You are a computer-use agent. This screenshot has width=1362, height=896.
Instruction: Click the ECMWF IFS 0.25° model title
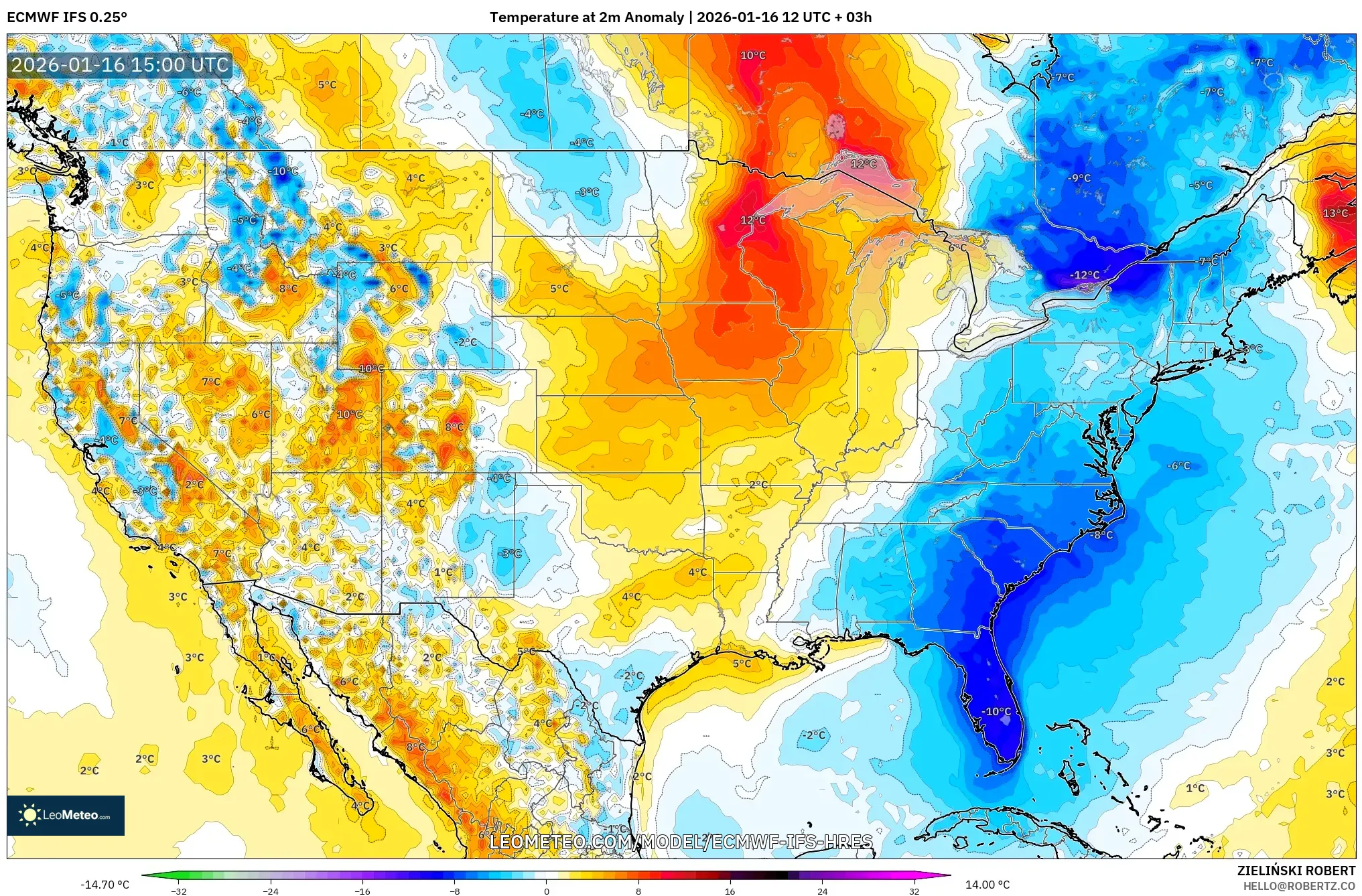click(67, 17)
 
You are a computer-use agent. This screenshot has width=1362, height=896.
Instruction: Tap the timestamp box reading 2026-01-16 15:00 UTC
click(120, 65)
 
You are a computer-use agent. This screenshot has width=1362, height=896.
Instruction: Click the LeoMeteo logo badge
click(66, 815)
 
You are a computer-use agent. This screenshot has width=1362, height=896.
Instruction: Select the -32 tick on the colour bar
click(179, 891)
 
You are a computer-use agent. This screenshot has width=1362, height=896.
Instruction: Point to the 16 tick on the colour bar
click(730, 891)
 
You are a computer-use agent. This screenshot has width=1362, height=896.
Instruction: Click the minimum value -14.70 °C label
click(105, 885)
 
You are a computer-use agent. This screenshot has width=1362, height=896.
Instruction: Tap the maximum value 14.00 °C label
click(987, 885)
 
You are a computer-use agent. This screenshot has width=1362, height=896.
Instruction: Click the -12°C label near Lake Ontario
click(1084, 275)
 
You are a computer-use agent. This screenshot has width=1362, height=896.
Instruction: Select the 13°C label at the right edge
click(1335, 214)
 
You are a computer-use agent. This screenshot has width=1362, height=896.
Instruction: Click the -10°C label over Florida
click(996, 711)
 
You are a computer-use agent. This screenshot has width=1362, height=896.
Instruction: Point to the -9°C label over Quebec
click(1079, 178)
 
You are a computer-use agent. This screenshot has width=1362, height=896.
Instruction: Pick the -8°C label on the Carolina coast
click(1100, 534)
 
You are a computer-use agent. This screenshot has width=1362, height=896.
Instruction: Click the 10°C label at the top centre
click(752, 56)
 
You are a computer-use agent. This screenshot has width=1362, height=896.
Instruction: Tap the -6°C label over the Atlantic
click(1178, 465)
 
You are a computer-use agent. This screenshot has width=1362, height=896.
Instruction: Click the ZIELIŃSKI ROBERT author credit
click(1296, 871)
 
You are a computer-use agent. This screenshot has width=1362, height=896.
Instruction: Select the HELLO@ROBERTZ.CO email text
click(1299, 886)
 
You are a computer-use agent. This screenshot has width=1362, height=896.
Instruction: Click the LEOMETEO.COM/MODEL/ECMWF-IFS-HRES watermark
click(681, 842)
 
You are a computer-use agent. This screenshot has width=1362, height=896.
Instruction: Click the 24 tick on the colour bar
click(822, 891)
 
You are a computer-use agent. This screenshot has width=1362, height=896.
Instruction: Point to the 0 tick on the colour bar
click(546, 891)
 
